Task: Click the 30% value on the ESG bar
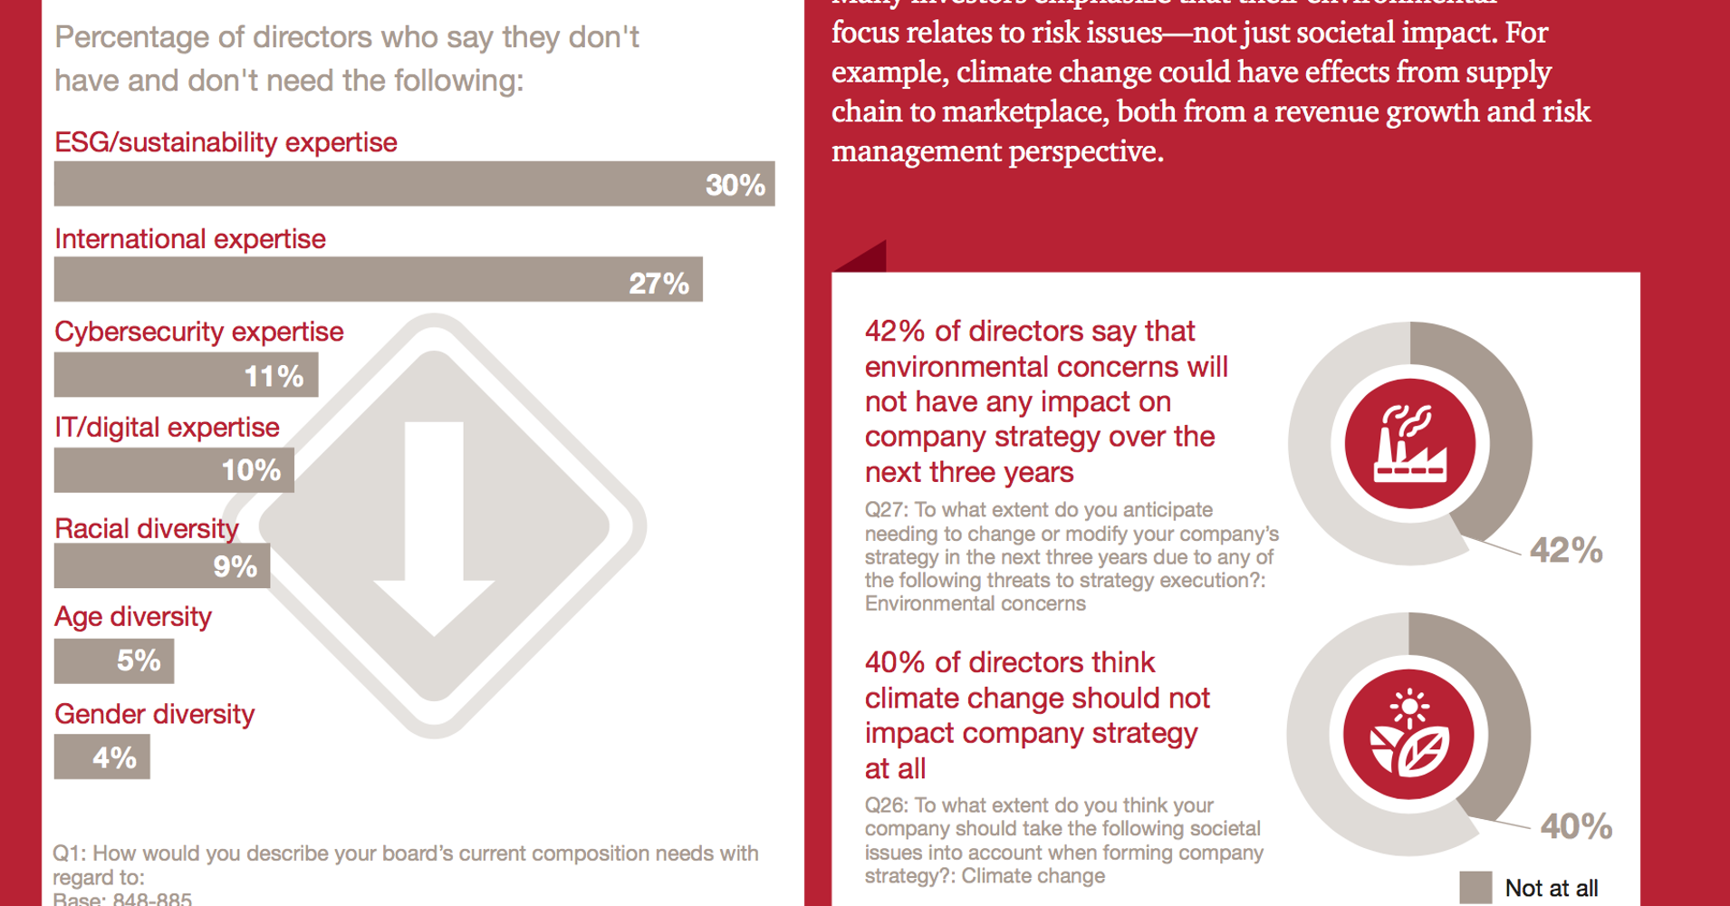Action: pyautogui.click(x=735, y=185)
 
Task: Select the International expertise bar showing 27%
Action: pyautogui.click(x=378, y=280)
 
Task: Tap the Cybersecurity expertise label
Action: pyautogui.click(x=198, y=332)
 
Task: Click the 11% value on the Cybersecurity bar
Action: pyautogui.click(x=274, y=376)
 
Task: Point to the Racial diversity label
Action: pyautogui.click(x=146, y=528)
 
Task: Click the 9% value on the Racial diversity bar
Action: pyautogui.click(x=235, y=567)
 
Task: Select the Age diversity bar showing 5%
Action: pyautogui.click(x=113, y=661)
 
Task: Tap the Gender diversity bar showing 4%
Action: pyautogui.click(x=101, y=757)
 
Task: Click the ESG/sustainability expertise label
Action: pyautogui.click(x=226, y=142)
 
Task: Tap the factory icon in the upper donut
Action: pyautogui.click(x=1409, y=444)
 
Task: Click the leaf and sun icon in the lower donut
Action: pyautogui.click(x=1408, y=735)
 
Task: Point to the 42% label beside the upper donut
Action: pyautogui.click(x=1565, y=550)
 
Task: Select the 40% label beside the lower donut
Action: pyautogui.click(x=1576, y=826)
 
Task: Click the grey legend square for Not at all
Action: pyautogui.click(x=1475, y=887)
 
